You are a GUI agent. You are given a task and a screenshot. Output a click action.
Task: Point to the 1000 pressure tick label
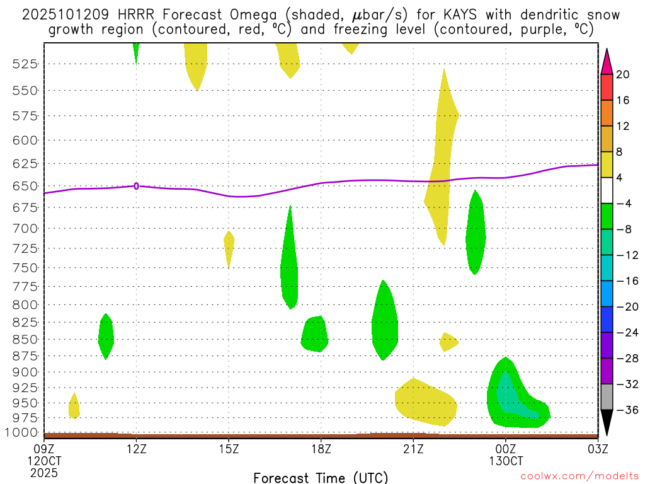pyautogui.click(x=24, y=432)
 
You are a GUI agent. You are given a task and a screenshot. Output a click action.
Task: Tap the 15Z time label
pyautogui.click(x=229, y=449)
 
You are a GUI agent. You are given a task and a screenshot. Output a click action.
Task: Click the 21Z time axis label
pyautogui.click(x=413, y=449)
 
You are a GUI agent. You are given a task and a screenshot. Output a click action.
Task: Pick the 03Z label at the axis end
pyautogui.click(x=597, y=449)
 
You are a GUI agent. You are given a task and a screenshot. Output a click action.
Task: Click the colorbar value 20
pyautogui.click(x=623, y=74)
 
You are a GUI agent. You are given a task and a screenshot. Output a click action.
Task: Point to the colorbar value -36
pyautogui.click(x=626, y=410)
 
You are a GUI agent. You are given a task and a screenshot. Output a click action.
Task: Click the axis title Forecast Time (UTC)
pyautogui.click(x=321, y=477)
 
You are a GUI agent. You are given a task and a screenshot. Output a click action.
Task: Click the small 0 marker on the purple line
pyautogui.click(x=136, y=186)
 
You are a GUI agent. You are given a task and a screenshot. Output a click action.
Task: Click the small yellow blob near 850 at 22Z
pyautogui.click(x=448, y=342)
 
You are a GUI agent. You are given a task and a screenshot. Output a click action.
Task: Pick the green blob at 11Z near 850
pyautogui.click(x=106, y=337)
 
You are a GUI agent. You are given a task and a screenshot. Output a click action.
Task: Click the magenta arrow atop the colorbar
pyautogui.click(x=607, y=60)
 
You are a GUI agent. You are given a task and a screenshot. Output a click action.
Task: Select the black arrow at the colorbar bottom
pyautogui.click(x=607, y=422)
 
